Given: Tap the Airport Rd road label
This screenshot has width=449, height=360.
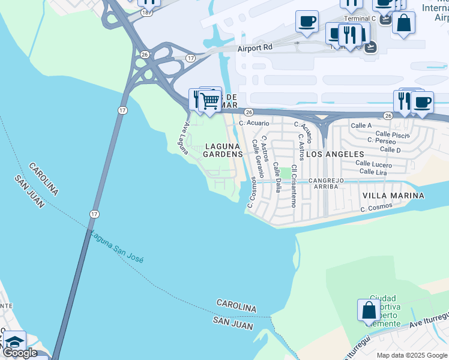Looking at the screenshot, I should [x=255, y=47].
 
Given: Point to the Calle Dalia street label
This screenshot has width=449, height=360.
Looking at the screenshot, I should [x=277, y=176].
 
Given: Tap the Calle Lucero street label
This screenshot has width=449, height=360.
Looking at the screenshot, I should [x=373, y=164].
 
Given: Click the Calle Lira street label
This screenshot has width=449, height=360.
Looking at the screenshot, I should [x=373, y=172].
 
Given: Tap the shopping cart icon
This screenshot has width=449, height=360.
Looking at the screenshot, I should [x=210, y=100].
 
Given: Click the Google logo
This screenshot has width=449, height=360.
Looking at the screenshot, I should [x=20, y=353].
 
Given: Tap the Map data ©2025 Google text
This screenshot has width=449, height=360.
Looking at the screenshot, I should [x=412, y=355].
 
